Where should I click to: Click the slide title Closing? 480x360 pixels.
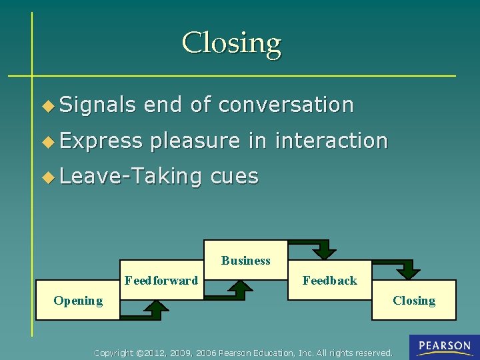coord(231,43)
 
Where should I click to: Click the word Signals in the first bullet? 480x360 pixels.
coord(98,105)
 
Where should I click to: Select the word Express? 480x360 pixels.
coord(101,141)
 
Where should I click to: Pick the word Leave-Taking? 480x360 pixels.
coord(131,176)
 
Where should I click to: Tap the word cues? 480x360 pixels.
coord(234,176)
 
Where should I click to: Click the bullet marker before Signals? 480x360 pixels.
coord(47,105)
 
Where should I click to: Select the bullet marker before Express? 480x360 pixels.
coord(47,141)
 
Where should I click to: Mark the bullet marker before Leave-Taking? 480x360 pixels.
coord(47,177)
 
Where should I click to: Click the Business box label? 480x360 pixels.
coord(246,261)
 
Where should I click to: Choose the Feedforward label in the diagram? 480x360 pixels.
coord(161,281)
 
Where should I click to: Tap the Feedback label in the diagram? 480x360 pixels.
coord(329,281)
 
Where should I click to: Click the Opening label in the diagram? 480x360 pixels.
coord(78,301)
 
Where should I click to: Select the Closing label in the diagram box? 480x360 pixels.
coord(414,301)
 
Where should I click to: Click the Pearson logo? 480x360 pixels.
coord(444,347)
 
